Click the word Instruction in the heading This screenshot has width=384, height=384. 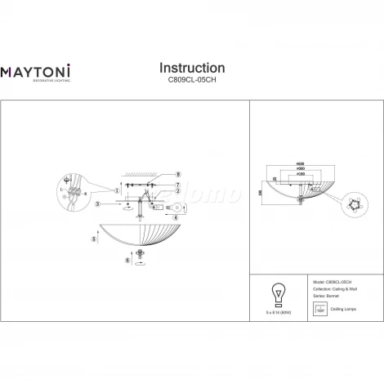pos(191,68)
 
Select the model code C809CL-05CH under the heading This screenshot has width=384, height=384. pos(191,81)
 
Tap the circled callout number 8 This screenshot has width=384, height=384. pos(176,174)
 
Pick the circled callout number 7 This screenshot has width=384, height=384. pos(176,185)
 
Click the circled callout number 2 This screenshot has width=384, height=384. pos(176,191)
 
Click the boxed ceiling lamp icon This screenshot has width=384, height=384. pos(319,309)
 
